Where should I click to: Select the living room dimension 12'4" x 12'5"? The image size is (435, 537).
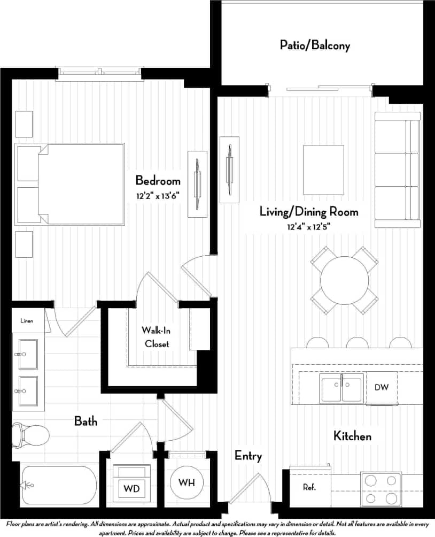pos(309,226)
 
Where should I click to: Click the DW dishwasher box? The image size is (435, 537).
pos(382,387)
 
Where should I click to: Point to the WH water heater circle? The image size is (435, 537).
pos(187,483)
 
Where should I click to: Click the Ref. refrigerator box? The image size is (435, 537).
pos(309,487)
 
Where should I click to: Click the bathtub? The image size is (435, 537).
pos(59,485)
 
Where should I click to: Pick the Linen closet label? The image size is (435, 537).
pos(27,321)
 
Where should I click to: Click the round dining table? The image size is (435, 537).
pos(344,280)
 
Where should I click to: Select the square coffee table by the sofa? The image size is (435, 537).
pos(323,170)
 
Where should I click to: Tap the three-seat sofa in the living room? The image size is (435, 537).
pos(397,166)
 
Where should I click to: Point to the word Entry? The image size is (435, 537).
pos(248,456)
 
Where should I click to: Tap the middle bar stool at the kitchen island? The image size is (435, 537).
pos(357,343)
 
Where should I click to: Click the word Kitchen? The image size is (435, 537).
pos(352,436)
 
